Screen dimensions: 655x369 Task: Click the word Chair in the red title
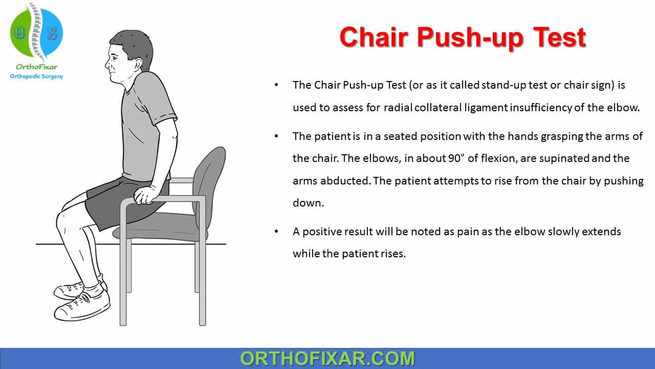(374, 37)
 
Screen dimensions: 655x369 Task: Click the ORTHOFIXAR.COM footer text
(327, 358)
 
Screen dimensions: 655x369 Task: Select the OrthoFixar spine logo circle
(36, 32)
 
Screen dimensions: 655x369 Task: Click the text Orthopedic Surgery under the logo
(36, 76)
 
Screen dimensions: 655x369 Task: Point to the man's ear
(138, 65)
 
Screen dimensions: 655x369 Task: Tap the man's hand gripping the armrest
(145, 195)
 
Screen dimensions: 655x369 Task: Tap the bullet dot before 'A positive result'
(276, 232)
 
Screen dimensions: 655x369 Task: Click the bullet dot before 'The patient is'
(276, 136)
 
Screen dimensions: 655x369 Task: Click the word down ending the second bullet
(309, 202)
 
